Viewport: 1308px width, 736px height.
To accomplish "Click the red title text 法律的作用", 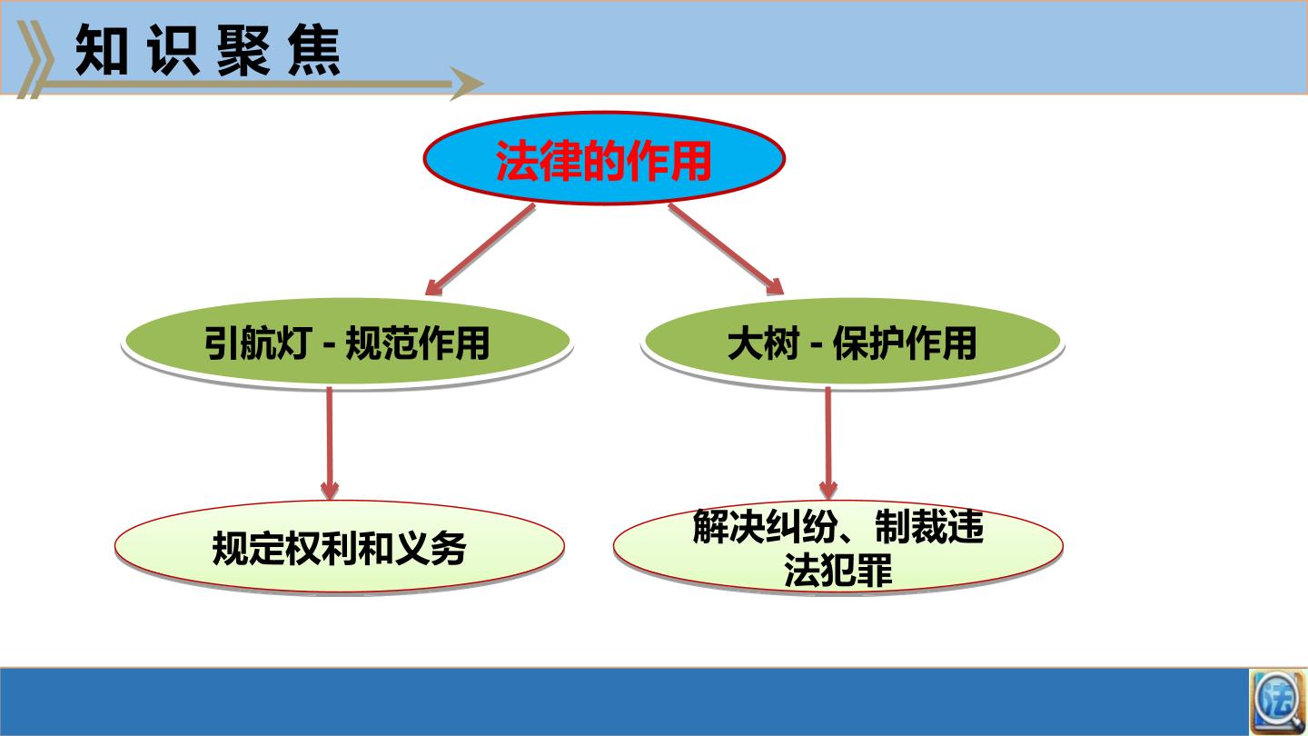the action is tap(604, 161).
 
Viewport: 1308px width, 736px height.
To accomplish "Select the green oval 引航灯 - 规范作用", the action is tap(347, 343).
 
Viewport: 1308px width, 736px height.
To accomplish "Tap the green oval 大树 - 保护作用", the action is tap(852, 343).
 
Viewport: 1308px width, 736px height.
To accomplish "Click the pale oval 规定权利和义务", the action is tap(340, 546).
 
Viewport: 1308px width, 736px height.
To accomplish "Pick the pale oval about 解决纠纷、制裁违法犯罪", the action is tap(837, 546).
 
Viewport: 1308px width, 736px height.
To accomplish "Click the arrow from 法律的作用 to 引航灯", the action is tap(480, 249).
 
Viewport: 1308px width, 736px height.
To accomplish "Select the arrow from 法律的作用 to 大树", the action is tap(726, 249).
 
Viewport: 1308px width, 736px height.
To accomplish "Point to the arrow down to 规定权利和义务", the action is tap(330, 443).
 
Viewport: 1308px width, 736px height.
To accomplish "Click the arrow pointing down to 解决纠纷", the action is tap(828, 443).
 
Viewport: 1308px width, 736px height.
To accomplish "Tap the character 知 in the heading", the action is tap(102, 50).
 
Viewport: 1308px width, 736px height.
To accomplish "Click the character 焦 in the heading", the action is tap(314, 50).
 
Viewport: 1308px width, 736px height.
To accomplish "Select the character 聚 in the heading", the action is tap(243, 50).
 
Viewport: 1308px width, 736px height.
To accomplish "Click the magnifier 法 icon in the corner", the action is tap(1278, 701).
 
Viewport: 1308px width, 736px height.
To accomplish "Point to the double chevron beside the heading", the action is tap(35, 60).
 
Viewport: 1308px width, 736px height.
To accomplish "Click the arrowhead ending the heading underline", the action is tap(466, 84).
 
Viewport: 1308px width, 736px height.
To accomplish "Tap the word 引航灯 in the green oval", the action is tap(258, 343).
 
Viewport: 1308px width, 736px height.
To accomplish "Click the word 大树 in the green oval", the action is tap(763, 343).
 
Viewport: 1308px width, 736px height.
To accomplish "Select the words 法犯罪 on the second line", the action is tap(837, 570).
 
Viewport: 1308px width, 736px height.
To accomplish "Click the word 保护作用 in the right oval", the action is tap(905, 343).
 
